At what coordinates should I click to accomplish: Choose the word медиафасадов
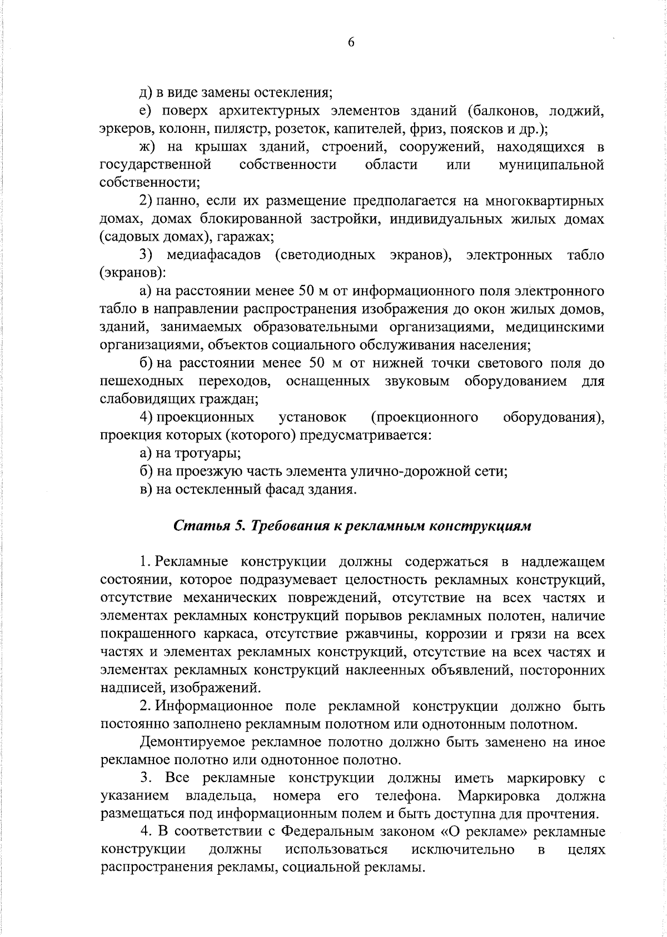(x=213, y=255)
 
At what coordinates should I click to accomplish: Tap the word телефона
(x=408, y=796)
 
